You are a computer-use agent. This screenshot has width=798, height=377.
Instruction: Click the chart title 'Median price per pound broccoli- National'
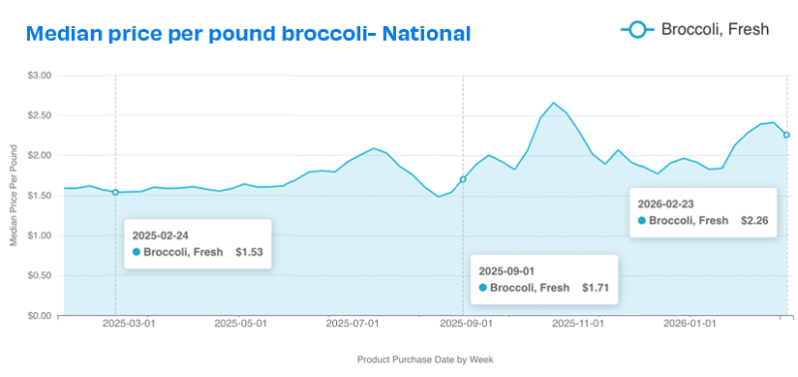tap(249, 34)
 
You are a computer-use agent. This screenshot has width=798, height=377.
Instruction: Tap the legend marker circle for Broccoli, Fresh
tap(637, 30)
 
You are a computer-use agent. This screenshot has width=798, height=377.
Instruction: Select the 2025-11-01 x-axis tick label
tap(579, 326)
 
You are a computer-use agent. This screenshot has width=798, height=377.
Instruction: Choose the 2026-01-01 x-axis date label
tap(692, 326)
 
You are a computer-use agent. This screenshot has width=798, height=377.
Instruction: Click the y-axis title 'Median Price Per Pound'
tap(14, 195)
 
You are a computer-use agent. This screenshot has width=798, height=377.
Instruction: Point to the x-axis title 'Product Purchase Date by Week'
tap(425, 359)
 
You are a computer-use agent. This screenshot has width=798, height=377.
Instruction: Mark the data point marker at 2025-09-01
tap(463, 179)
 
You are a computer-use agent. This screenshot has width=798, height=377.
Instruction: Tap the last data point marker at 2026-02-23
tap(786, 135)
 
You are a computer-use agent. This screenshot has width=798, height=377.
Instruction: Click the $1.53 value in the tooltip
tap(249, 252)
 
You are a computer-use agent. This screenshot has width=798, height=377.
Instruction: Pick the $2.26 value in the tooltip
tap(754, 221)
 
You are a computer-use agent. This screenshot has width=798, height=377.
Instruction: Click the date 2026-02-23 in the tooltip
tap(667, 204)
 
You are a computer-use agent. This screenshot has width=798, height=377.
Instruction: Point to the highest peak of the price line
tap(554, 103)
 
